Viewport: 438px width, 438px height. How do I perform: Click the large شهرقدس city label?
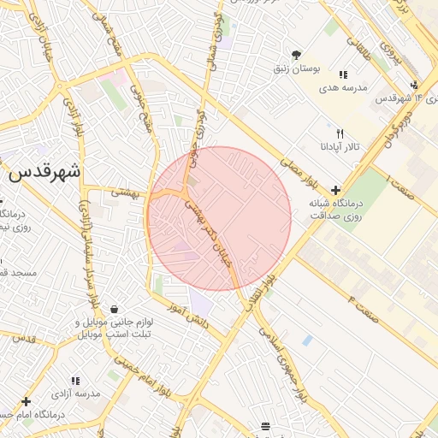pos(44,172)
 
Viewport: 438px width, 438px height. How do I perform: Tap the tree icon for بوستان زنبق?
pos(296,54)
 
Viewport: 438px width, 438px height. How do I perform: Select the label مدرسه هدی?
pos(343,87)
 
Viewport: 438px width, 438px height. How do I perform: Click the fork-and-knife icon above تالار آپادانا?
pos(340,133)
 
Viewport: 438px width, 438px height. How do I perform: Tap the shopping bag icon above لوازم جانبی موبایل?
pos(114,310)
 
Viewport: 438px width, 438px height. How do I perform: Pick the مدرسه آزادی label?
pos(77,394)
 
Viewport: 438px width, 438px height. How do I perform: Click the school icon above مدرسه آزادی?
pos(76,380)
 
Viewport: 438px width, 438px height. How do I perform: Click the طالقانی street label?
pos(360,47)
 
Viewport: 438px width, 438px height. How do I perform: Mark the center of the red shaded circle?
pos(219,218)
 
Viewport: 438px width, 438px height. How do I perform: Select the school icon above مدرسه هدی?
pos(343,74)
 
